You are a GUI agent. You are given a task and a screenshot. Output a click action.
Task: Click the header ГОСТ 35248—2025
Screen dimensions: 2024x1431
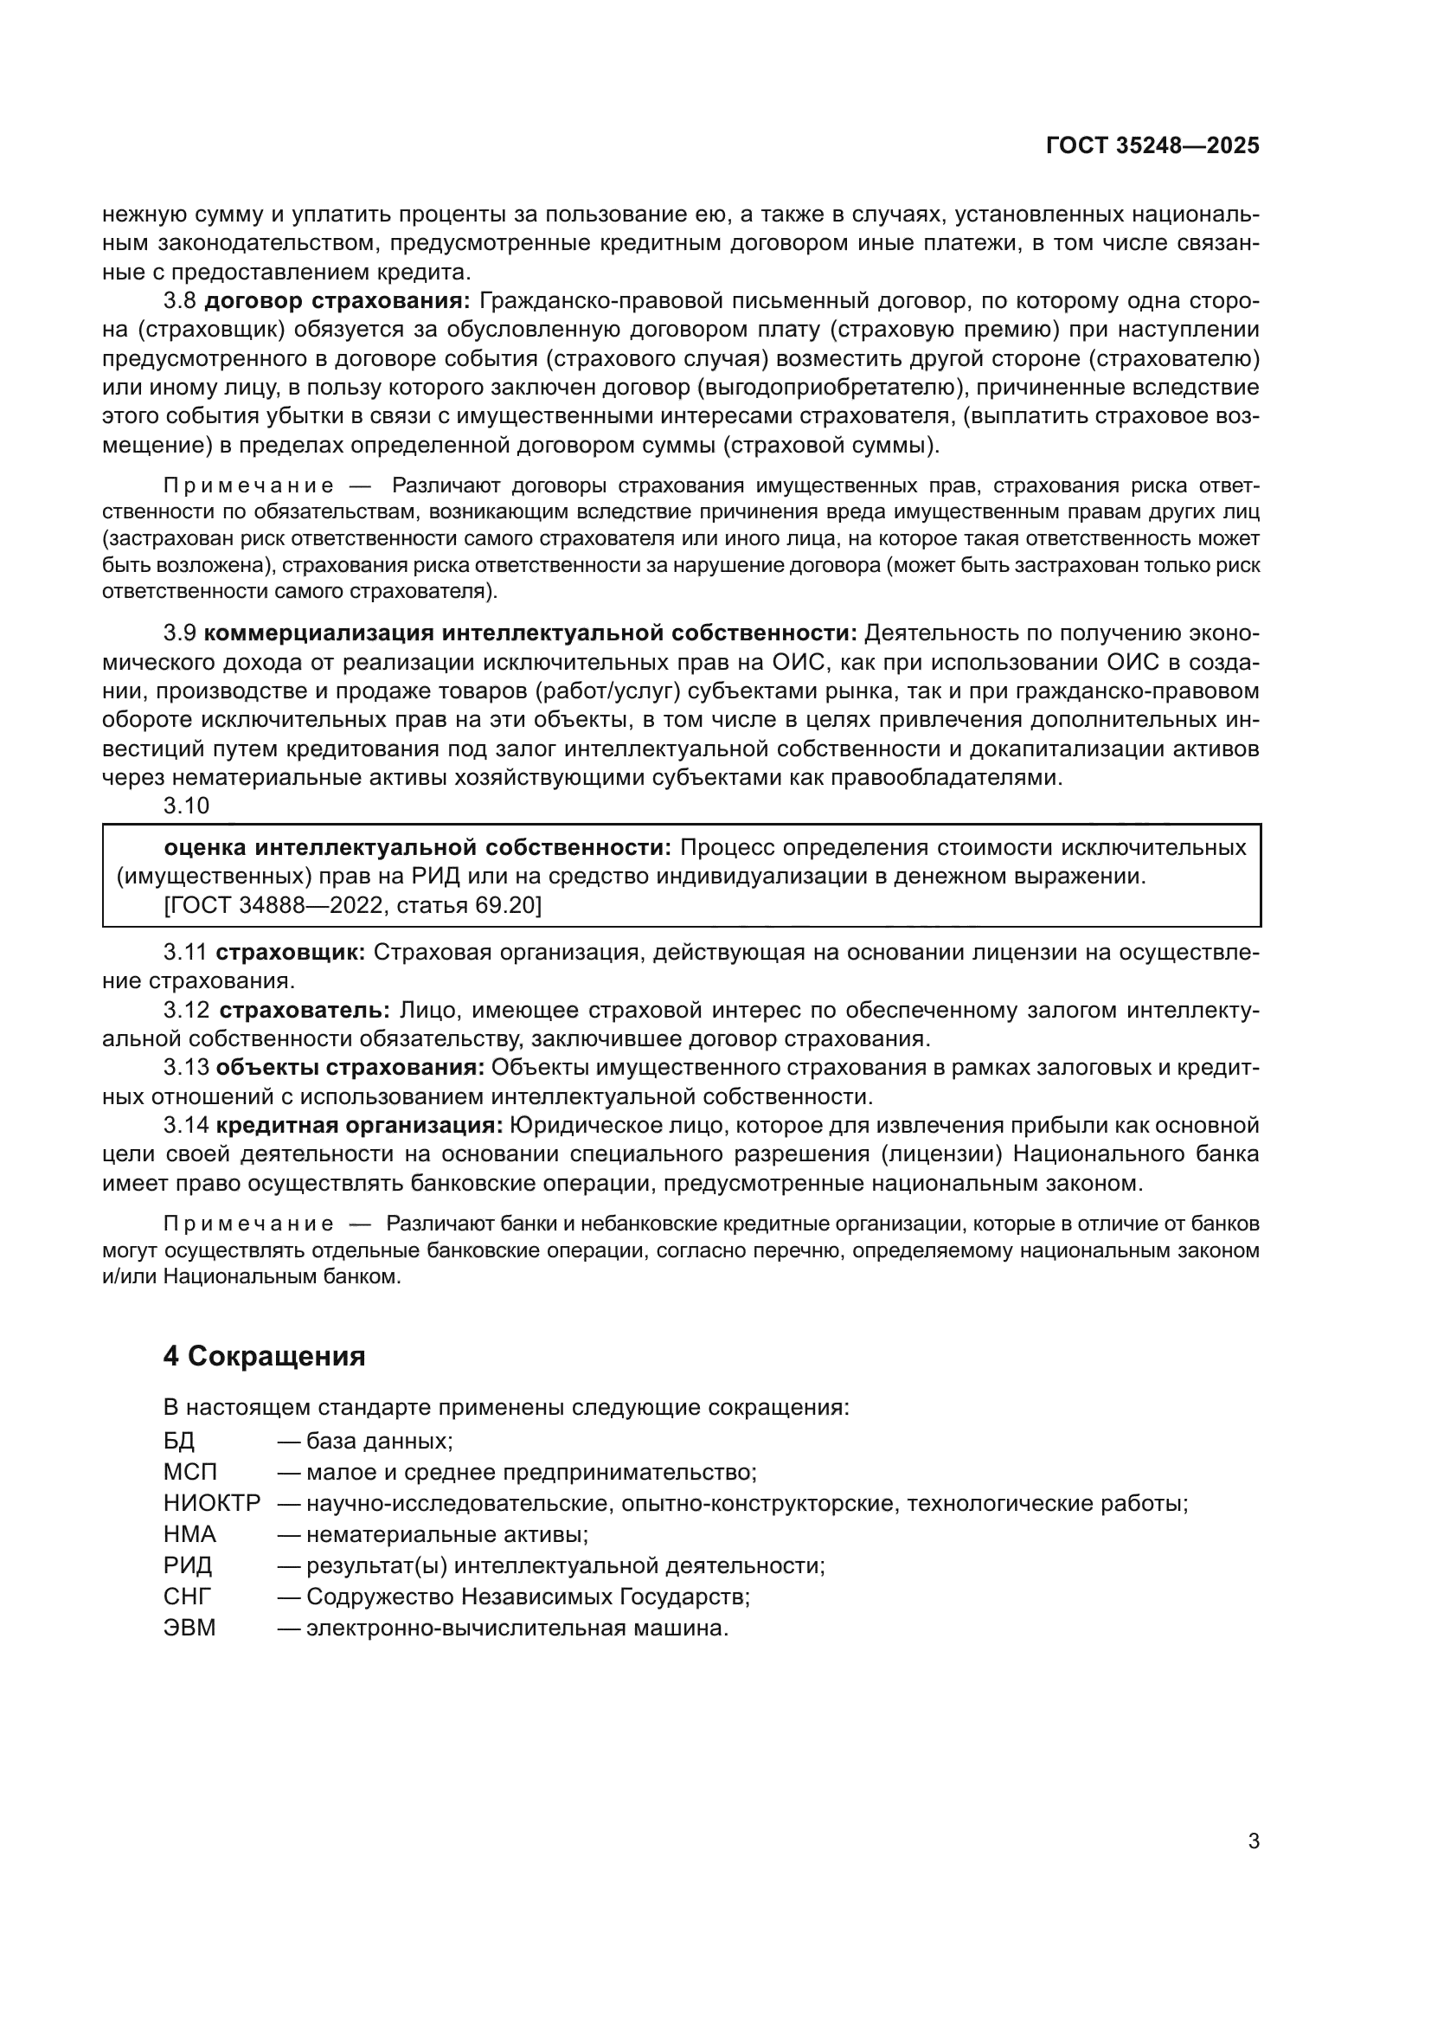point(1152,146)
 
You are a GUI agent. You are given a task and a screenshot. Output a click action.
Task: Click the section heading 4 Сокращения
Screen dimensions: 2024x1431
point(265,1355)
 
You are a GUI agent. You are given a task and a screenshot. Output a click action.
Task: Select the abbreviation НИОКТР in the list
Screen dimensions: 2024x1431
point(212,1503)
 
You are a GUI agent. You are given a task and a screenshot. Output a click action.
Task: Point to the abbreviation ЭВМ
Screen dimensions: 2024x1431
point(189,1628)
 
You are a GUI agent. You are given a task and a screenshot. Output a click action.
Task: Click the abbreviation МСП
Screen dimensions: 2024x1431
point(189,1472)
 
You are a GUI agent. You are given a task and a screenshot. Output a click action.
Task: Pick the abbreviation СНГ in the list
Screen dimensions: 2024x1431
point(188,1597)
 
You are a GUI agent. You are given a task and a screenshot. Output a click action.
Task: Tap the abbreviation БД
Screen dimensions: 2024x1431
point(179,1442)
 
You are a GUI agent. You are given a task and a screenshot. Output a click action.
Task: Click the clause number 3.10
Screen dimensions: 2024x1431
point(187,806)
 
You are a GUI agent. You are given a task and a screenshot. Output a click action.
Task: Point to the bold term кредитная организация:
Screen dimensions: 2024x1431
point(360,1126)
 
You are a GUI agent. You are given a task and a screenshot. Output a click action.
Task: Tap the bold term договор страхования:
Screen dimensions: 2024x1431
point(338,300)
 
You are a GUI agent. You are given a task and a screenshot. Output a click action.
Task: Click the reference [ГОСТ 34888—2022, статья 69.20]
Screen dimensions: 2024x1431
point(352,905)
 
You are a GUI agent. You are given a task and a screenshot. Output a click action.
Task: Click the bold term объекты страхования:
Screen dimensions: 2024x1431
point(350,1068)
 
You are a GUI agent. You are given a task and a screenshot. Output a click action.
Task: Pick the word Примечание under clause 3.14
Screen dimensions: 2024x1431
point(248,1224)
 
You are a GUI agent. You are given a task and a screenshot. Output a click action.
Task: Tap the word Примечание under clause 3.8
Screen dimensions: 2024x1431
point(248,485)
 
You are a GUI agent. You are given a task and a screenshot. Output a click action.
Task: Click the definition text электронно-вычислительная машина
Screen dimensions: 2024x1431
point(517,1628)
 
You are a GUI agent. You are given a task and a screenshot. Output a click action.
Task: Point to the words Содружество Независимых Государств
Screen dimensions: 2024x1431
point(527,1597)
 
